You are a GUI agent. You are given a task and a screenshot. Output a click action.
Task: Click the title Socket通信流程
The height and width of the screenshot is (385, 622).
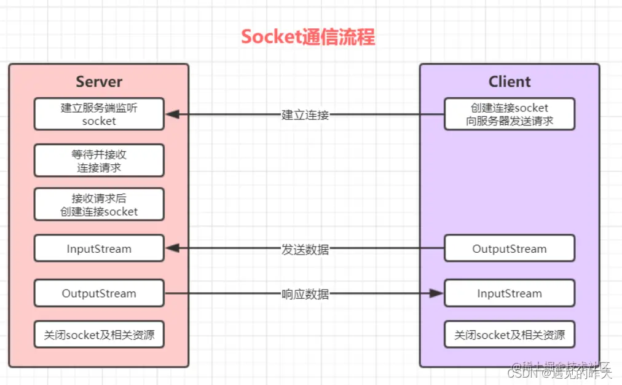(x=307, y=36)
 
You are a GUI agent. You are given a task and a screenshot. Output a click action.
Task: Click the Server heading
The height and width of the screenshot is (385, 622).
(x=99, y=82)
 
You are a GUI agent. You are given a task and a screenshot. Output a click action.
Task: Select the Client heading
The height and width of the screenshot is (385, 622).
(x=510, y=82)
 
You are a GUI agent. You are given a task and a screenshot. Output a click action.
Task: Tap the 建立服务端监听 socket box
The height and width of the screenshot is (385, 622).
(x=99, y=114)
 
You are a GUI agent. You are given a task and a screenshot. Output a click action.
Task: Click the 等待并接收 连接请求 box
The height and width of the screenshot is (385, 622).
(x=99, y=161)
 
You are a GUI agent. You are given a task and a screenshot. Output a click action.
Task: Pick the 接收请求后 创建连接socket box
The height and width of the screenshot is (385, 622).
(x=99, y=205)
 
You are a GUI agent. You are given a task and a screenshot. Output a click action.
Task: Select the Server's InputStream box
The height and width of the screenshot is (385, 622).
(x=99, y=249)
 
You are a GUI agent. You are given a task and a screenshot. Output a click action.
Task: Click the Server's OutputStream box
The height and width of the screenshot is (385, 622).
(x=99, y=293)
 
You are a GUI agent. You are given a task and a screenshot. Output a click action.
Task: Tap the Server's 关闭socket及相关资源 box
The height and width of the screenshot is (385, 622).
(x=99, y=336)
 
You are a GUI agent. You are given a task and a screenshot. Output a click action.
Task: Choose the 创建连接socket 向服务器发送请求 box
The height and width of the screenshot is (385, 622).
(x=510, y=114)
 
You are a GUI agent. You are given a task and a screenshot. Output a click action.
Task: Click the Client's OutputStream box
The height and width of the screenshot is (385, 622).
(x=510, y=249)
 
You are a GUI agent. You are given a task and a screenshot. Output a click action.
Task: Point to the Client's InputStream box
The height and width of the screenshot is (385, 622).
(x=510, y=293)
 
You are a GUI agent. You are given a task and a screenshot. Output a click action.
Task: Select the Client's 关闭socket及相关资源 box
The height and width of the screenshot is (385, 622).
(x=510, y=336)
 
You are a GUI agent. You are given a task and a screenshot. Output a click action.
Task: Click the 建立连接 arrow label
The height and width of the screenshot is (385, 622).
(x=305, y=115)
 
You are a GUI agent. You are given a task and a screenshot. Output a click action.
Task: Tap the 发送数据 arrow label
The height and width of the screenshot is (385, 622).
(x=305, y=249)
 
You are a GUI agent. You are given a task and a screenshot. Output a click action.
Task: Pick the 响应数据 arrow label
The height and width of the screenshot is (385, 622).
(x=305, y=294)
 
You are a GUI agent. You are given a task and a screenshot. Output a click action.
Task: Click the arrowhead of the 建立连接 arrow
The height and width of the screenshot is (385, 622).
(x=171, y=114)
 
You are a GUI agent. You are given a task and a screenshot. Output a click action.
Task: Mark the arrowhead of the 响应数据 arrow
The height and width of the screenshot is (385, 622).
(x=437, y=294)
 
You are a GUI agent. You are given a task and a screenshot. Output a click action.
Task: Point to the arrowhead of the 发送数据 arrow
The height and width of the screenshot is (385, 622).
(x=171, y=249)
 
